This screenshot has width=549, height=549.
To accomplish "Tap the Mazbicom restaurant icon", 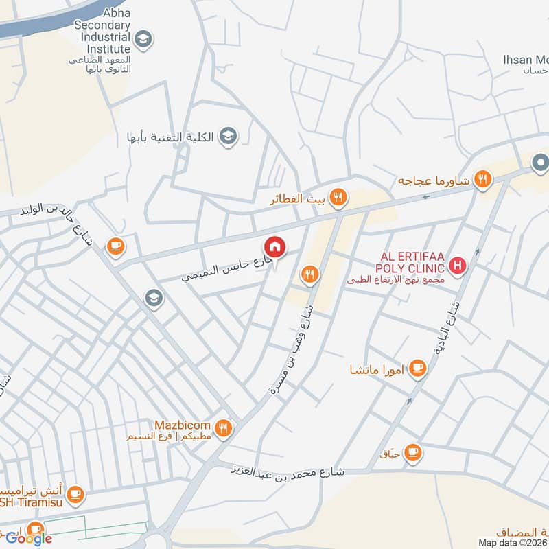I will pyautogui.click(x=223, y=430).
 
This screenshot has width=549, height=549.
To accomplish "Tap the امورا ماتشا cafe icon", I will pyautogui.click(x=417, y=370).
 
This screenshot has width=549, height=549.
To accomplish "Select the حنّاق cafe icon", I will pyautogui.click(x=412, y=452).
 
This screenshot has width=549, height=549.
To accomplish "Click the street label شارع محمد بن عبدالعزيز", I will pyautogui.click(x=288, y=471).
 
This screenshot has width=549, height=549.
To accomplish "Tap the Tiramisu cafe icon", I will pyautogui.click(x=75, y=493).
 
